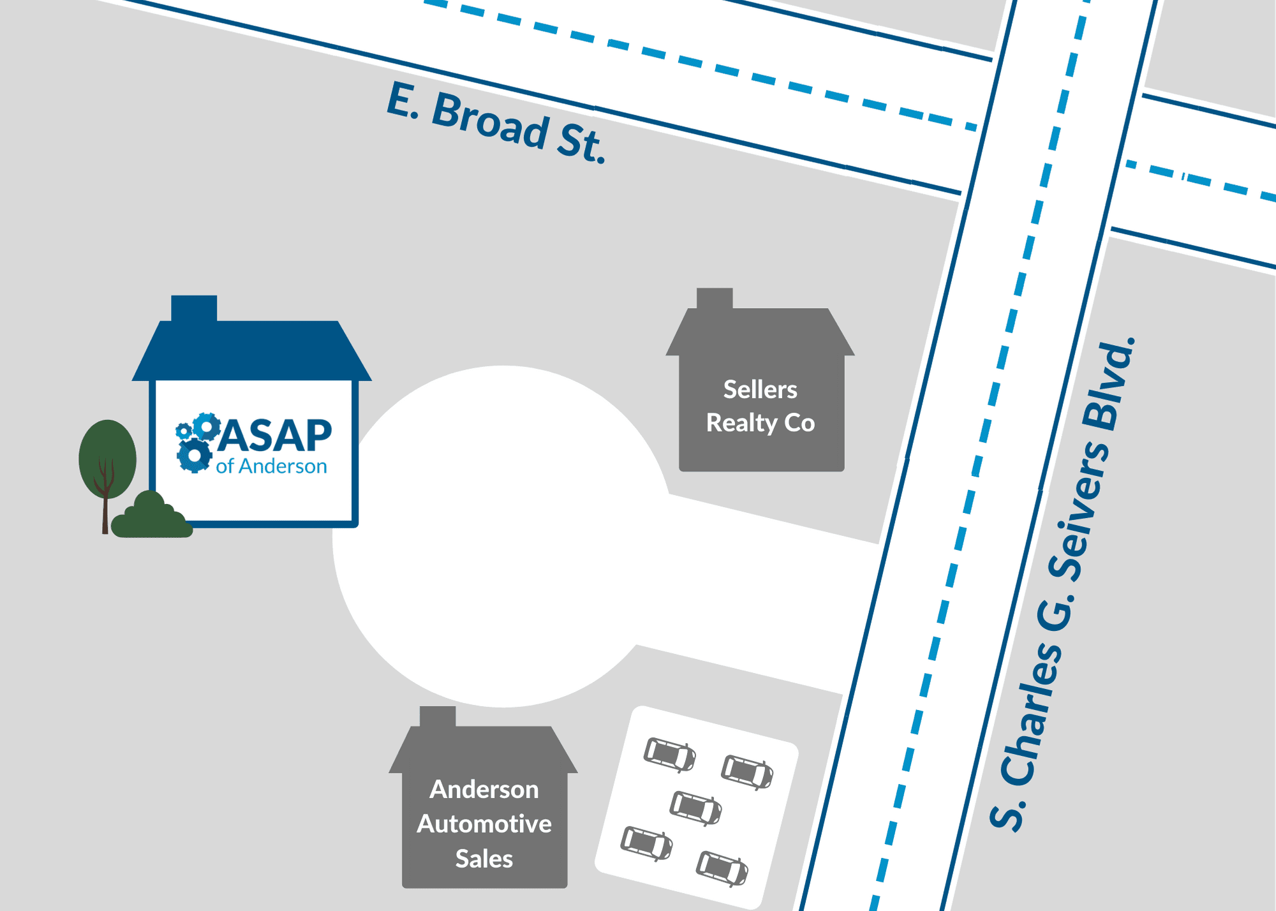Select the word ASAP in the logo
(x=278, y=436)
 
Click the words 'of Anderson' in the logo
(x=271, y=466)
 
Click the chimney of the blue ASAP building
(x=194, y=308)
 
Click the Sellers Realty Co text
(x=760, y=406)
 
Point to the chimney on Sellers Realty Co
(x=715, y=298)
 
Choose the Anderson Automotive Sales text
(x=484, y=824)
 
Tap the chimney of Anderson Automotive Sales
(x=438, y=716)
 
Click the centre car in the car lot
(x=695, y=808)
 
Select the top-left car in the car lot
(x=669, y=754)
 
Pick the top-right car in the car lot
(x=747, y=772)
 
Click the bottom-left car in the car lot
(x=646, y=843)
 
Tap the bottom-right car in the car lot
(x=722, y=868)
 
